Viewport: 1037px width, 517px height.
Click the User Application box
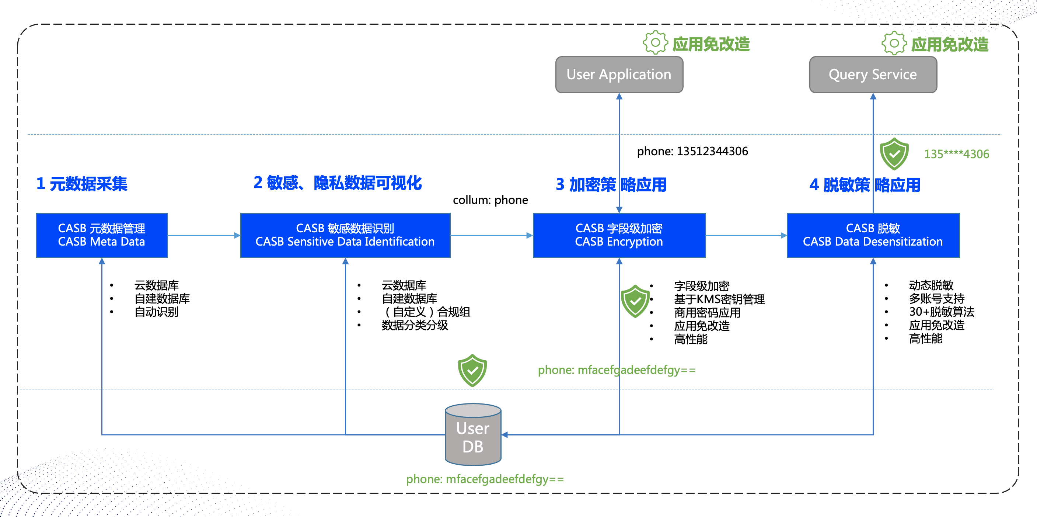619,74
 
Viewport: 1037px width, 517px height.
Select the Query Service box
873,74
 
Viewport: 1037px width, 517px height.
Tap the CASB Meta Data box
101,235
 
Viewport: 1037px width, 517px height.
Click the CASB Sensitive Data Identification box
345,235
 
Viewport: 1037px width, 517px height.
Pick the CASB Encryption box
619,235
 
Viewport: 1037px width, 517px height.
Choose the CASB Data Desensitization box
873,235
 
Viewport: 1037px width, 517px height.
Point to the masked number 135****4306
957,154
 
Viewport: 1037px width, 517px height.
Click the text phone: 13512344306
692,151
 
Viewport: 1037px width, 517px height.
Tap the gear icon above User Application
655,42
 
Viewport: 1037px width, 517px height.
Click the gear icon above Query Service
894,43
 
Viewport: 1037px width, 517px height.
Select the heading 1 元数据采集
82,184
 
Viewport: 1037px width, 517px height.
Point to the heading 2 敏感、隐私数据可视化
337,183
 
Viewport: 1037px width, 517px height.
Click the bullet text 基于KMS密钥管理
719,299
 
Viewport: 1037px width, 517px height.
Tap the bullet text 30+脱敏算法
942,312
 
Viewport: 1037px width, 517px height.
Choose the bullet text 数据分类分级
415,325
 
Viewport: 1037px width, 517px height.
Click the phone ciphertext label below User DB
485,479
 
